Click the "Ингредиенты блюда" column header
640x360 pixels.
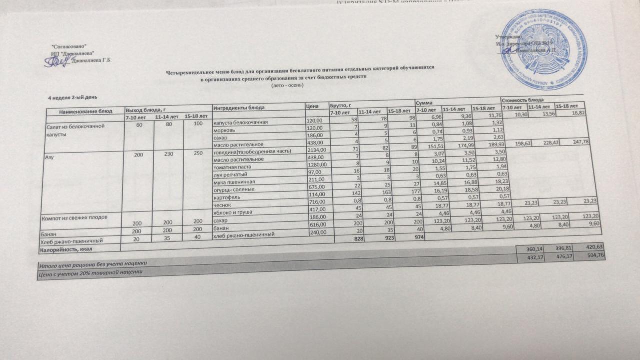[239, 108]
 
